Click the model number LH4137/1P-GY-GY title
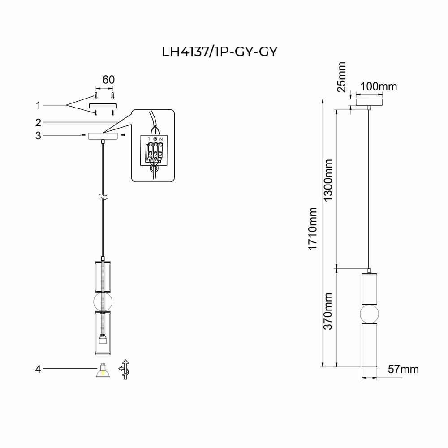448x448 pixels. click(x=220, y=52)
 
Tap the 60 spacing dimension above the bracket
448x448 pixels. click(x=108, y=80)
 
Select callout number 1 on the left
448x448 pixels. click(x=39, y=105)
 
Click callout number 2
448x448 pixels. click(x=39, y=122)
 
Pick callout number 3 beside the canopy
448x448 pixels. click(x=39, y=135)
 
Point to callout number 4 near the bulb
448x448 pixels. click(x=39, y=369)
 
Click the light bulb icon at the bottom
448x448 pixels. click(x=103, y=370)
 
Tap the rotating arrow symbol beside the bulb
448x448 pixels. click(x=125, y=369)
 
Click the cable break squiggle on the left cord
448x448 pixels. click(x=103, y=197)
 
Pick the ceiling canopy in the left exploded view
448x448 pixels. click(x=103, y=136)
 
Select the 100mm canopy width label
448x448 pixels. click(x=379, y=86)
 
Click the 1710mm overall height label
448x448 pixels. click(x=313, y=228)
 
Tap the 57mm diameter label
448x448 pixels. click(x=403, y=369)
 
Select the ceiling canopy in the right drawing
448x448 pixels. click(x=369, y=102)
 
